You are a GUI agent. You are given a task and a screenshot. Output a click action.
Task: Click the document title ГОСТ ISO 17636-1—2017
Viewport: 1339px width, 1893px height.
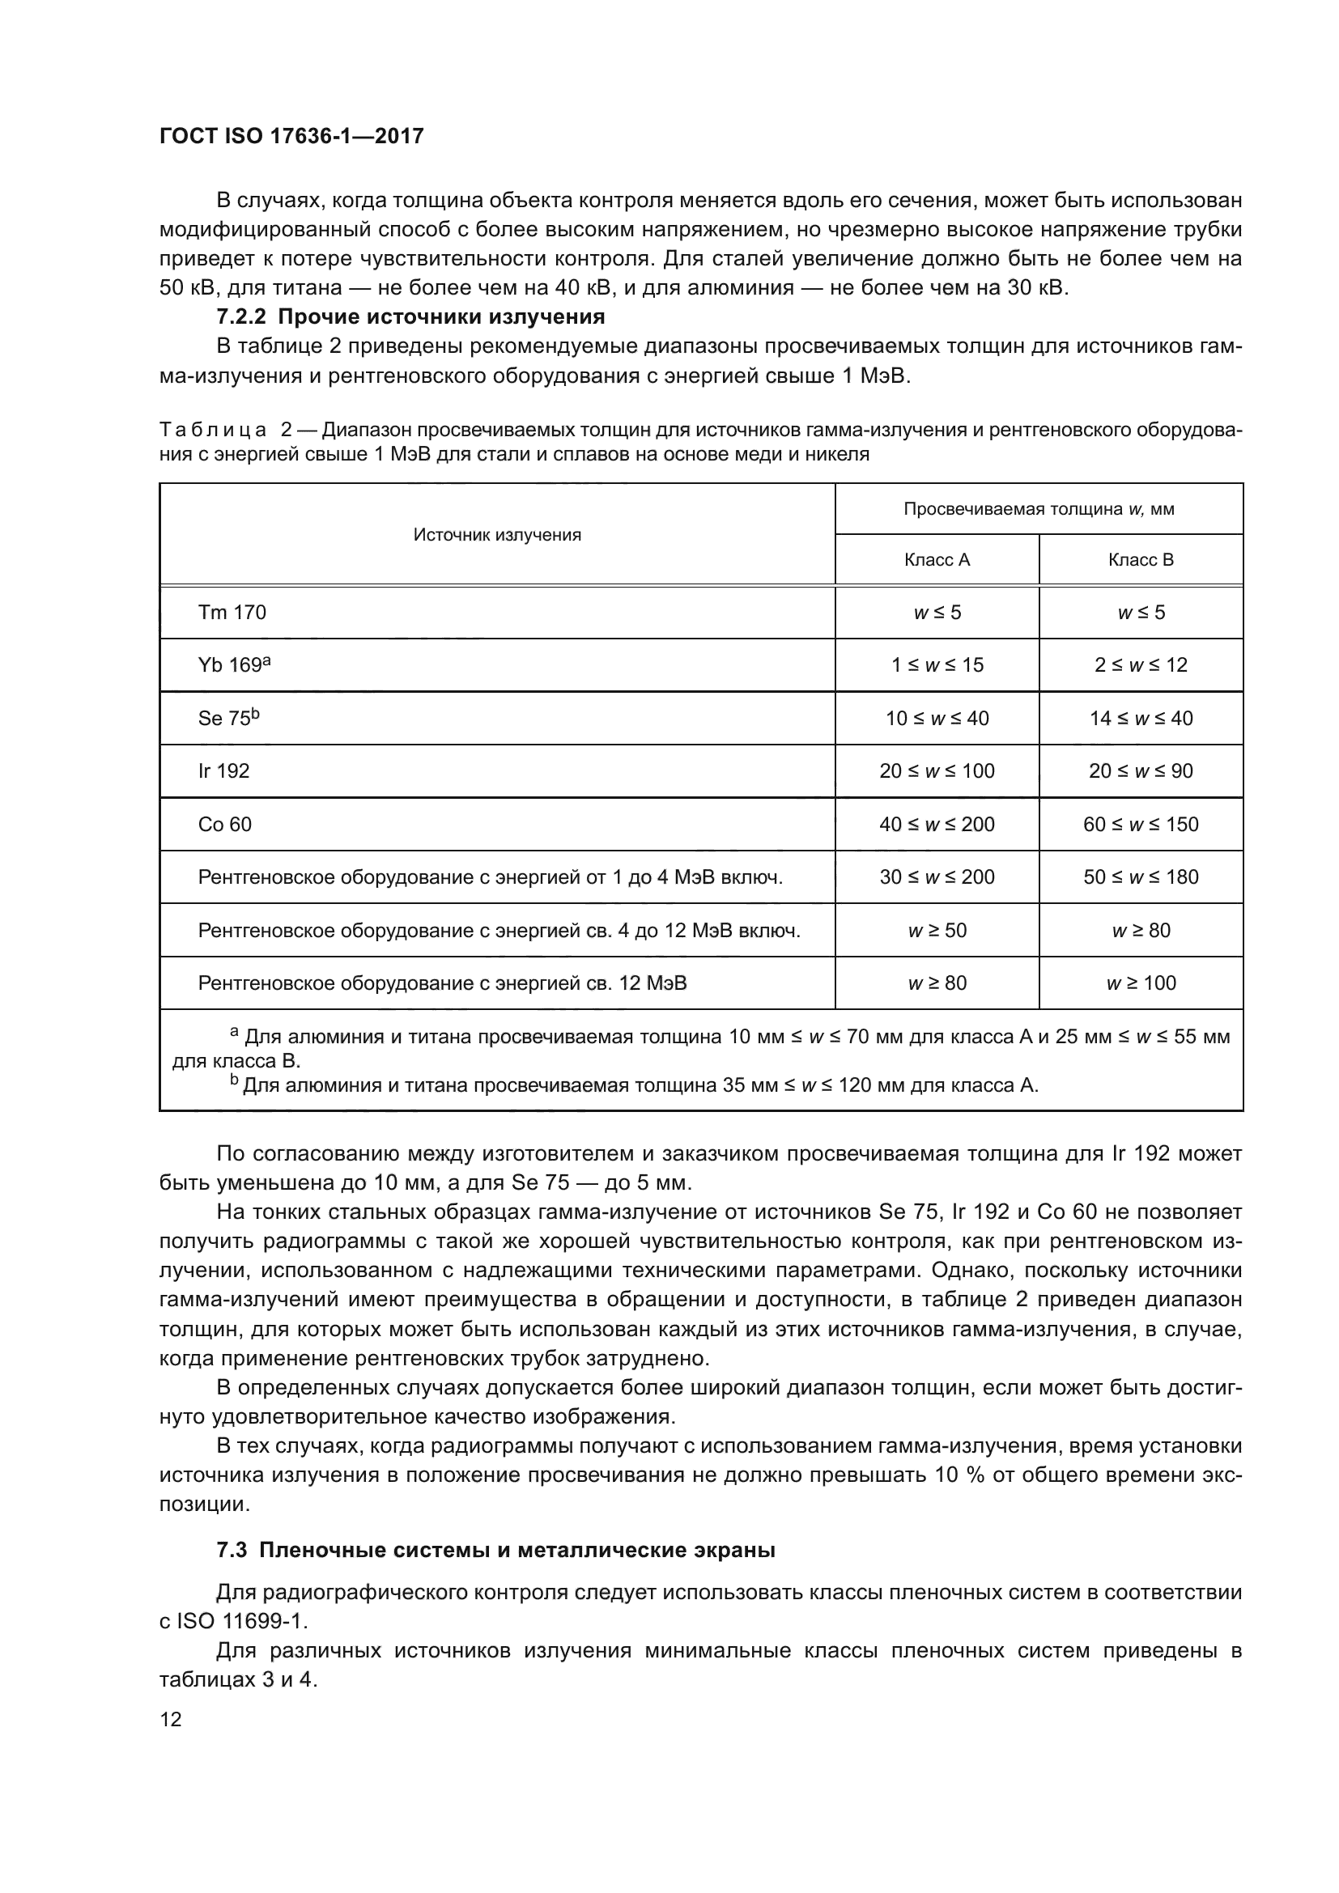coord(291,136)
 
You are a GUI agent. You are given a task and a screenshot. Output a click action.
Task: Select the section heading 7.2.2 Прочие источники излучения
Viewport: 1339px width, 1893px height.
coord(410,316)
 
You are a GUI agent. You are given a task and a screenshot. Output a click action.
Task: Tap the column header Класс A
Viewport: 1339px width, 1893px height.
coord(937,560)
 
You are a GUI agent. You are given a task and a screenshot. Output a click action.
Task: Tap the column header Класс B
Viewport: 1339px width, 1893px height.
coord(1141,560)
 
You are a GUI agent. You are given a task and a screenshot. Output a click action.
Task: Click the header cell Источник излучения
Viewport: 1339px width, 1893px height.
coord(497,534)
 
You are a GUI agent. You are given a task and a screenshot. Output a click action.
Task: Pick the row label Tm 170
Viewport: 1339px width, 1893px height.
coord(232,612)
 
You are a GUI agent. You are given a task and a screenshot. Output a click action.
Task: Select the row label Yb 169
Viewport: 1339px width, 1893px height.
coord(233,664)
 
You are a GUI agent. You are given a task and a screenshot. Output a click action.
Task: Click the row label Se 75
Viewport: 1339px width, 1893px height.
coord(227,717)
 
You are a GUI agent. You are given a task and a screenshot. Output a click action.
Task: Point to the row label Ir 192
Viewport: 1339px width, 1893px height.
coord(223,771)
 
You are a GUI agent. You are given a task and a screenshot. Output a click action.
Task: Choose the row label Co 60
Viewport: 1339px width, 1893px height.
coord(224,824)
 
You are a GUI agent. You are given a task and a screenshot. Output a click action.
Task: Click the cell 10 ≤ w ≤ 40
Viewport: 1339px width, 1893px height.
coord(937,718)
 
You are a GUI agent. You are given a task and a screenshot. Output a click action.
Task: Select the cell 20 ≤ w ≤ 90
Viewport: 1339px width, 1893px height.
coord(1141,771)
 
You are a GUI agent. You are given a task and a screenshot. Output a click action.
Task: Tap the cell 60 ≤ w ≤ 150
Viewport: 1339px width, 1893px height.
coord(1141,824)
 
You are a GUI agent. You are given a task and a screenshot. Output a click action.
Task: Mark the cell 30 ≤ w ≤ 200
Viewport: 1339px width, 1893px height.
coord(937,876)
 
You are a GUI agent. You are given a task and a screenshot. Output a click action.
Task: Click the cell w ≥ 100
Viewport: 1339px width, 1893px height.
coord(1141,983)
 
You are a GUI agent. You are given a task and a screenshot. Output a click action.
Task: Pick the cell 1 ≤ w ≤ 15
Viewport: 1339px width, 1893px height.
coord(937,664)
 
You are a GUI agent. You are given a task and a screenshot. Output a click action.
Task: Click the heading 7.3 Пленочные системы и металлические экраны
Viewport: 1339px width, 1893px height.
coord(495,1550)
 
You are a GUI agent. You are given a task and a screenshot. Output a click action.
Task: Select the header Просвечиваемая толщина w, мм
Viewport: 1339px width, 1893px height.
coord(1039,509)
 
